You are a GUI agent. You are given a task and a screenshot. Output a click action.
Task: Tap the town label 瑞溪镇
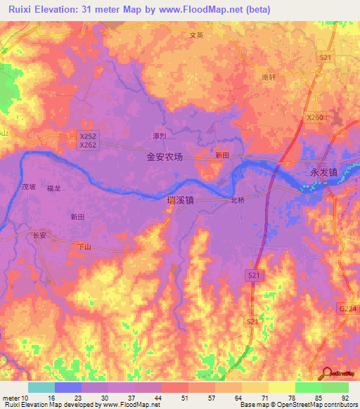click(180, 200)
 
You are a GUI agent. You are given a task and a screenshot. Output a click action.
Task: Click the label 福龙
click(53, 188)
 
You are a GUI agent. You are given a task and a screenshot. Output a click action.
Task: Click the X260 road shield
click(314, 118)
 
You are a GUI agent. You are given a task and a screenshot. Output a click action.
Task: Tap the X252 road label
click(88, 136)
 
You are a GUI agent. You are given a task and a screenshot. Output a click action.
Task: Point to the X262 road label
click(88, 145)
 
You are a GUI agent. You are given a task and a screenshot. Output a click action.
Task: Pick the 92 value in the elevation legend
click(345, 398)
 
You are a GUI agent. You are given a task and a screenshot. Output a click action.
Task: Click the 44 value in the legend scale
click(157, 398)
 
